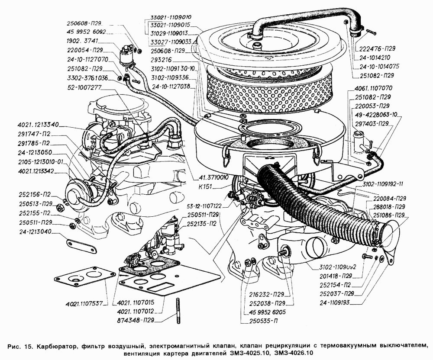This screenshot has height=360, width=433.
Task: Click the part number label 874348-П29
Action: tap(136, 320)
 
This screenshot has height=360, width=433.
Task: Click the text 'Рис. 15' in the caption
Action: tap(20, 346)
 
